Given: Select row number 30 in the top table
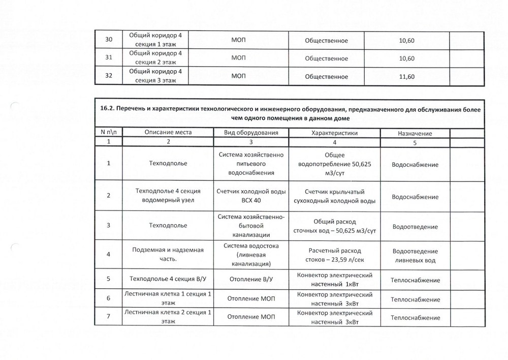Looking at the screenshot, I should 108,40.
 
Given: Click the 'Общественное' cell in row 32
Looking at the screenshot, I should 326,77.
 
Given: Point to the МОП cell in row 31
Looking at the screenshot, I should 239,58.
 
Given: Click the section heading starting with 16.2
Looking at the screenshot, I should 289,113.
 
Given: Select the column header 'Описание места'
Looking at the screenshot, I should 168,132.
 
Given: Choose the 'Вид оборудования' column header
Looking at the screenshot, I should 251,132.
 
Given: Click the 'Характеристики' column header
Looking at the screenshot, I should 334,132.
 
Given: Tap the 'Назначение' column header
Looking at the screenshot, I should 415,133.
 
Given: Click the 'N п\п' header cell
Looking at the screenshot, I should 109,132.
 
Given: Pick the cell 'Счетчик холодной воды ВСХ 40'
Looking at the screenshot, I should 251,196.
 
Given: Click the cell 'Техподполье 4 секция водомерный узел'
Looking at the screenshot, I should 167,196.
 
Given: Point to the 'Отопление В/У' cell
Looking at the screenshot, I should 251,279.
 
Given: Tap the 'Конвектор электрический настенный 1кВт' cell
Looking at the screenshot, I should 334,279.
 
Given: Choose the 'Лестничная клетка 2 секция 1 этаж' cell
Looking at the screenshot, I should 167,317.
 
